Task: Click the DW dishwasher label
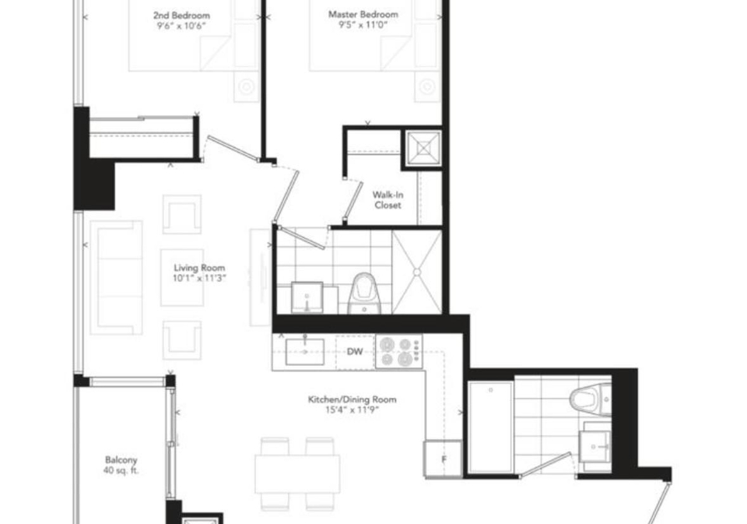[x=355, y=352]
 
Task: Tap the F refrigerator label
[x=444, y=459]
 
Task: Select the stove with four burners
[x=398, y=351]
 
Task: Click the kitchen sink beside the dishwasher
[x=305, y=352]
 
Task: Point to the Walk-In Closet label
[x=388, y=200]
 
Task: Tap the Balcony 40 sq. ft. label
[x=121, y=466]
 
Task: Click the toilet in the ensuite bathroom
[x=364, y=294]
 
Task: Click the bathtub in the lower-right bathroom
[x=491, y=426]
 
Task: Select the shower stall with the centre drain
[x=417, y=272]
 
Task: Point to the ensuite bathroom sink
[x=307, y=297]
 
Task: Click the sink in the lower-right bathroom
[x=594, y=446]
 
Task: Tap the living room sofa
[x=116, y=277]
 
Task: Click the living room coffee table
[x=182, y=277]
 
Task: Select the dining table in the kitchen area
[x=297, y=474]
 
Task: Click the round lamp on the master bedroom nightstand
[x=427, y=86]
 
